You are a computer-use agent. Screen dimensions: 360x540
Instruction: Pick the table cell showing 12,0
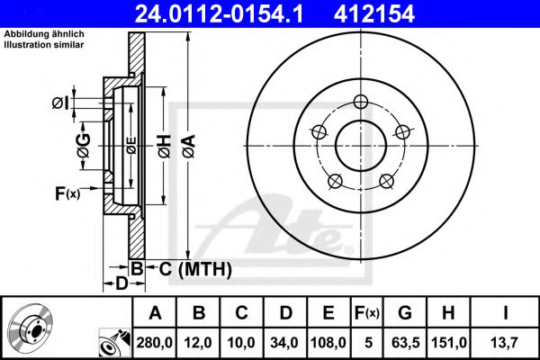pyautogui.click(x=199, y=343)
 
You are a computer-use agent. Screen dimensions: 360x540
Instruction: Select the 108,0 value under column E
pyautogui.click(x=328, y=343)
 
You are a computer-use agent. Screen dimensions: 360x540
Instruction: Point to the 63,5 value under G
pyautogui.click(x=404, y=343)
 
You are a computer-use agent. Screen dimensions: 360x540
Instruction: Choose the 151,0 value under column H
pyautogui.click(x=449, y=343)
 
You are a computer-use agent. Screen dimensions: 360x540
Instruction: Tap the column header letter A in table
pyautogui.click(x=156, y=313)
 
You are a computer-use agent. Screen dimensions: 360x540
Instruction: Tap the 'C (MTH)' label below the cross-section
pyautogui.click(x=194, y=268)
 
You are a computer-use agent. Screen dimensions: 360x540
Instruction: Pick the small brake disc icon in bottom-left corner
pyautogui.click(x=34, y=328)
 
